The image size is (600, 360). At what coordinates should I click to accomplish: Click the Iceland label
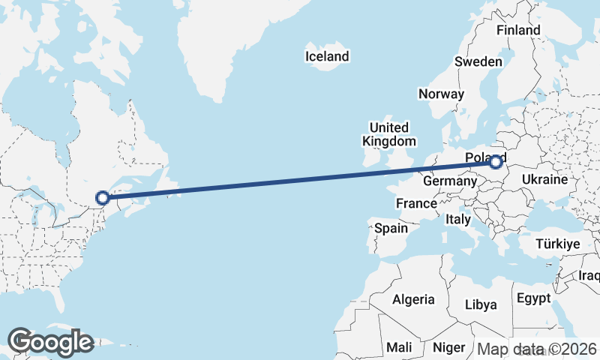pos(327,56)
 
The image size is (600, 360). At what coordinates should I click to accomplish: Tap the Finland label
pos(518,30)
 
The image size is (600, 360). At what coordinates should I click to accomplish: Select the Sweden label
pos(478,61)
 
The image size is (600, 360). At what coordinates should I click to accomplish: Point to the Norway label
pos(441,94)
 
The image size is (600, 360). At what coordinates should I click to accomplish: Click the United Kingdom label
pos(388,134)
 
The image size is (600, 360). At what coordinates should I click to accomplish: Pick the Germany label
pos(450,181)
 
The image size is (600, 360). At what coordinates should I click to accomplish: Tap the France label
pos(416,203)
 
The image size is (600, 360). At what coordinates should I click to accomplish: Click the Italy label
pos(457,220)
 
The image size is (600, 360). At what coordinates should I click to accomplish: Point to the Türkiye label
pos(558,244)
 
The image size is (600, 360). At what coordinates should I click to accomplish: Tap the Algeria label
pos(413,299)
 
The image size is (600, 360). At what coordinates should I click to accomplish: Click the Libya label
pos(481,304)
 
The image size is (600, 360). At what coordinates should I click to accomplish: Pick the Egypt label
pos(533,298)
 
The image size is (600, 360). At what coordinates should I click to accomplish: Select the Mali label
pos(398,347)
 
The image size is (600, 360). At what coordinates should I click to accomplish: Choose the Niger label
pos(448,347)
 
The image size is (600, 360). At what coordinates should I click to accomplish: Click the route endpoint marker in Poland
pos(496,161)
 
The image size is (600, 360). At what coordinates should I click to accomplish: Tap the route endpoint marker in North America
pos(103,198)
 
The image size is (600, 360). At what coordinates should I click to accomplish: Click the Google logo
pos(50,342)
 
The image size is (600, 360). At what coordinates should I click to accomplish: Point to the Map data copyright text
pos(537,349)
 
